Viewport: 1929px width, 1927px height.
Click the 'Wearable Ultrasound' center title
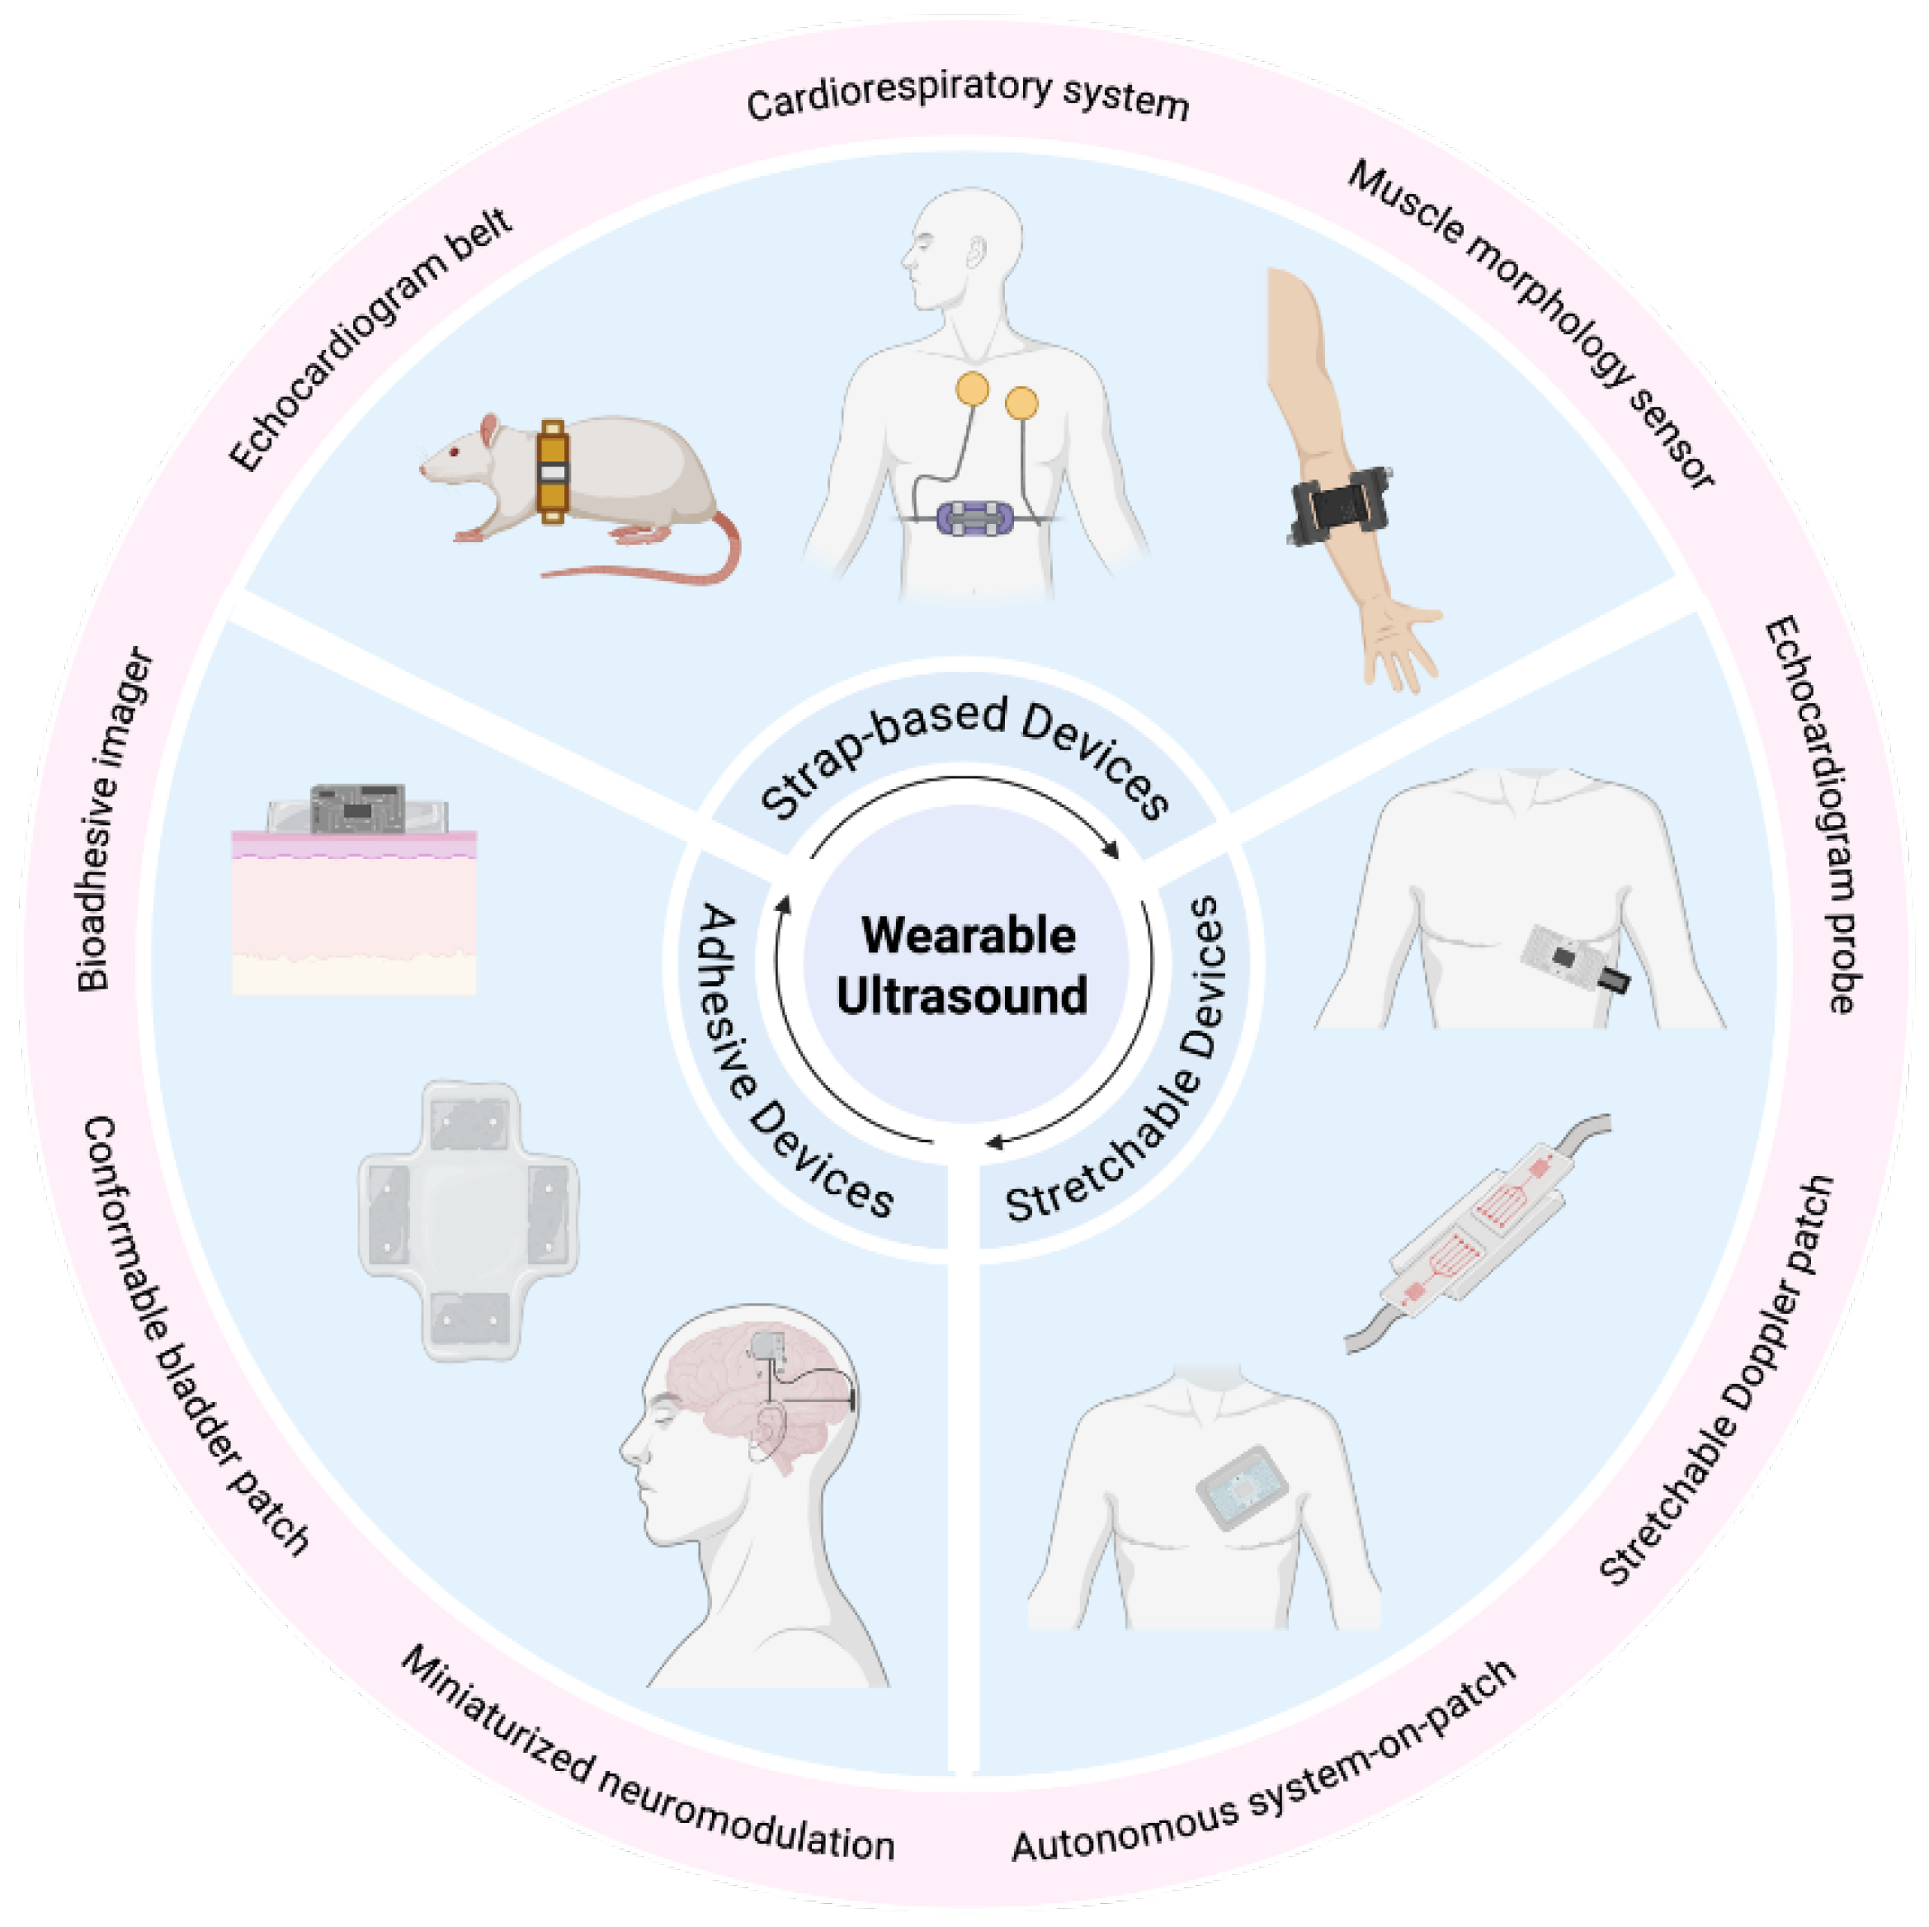(x=964, y=966)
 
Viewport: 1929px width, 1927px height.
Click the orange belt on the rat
(x=552, y=471)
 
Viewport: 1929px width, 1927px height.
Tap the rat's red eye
(x=453, y=452)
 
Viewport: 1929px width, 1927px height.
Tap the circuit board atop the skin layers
(x=357, y=808)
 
